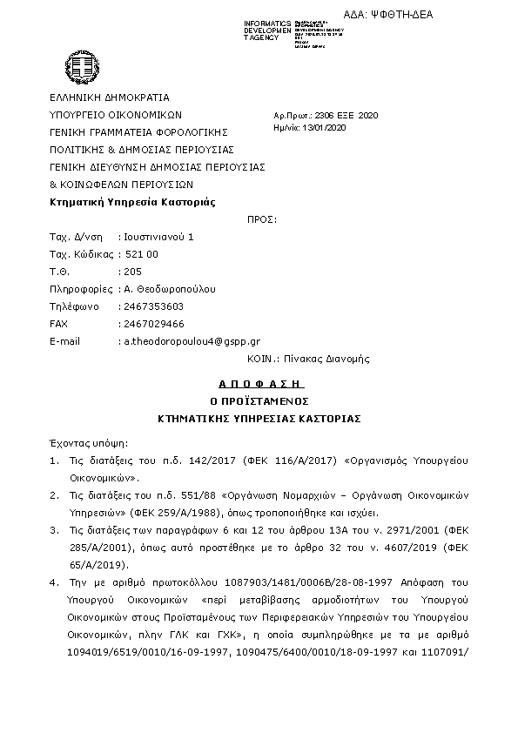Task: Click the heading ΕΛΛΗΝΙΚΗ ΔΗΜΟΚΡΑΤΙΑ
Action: click(110, 98)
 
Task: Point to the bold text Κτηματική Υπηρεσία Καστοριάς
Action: click(132, 202)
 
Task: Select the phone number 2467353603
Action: click(153, 306)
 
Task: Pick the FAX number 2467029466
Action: click(153, 324)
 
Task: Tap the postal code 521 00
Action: click(140, 254)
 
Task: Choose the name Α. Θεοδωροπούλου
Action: click(170, 289)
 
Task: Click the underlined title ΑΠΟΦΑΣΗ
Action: click(259, 382)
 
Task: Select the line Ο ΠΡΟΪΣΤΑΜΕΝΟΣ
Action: click(259, 400)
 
